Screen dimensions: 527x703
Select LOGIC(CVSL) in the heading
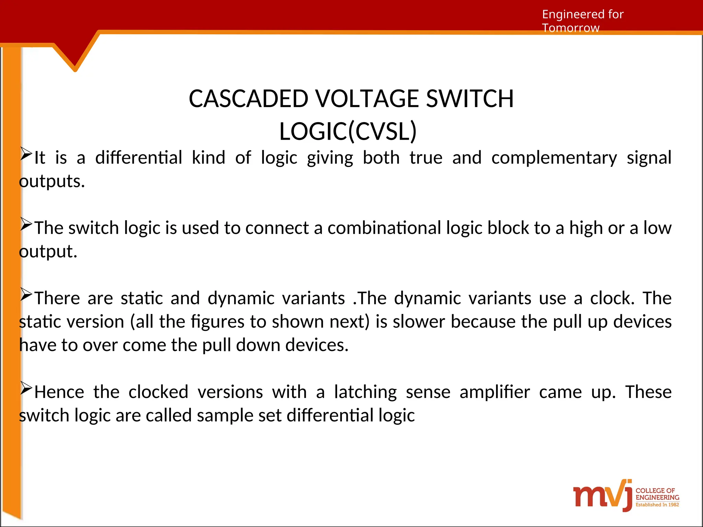(348, 131)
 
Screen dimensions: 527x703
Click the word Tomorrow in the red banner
(571, 28)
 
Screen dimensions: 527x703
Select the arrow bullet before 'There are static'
(26, 294)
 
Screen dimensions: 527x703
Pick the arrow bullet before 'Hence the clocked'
(26, 388)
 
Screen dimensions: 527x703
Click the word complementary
(554, 158)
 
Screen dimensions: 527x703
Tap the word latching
(366, 392)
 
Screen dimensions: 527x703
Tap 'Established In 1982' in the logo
(657, 505)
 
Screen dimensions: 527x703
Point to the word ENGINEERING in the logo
(657, 497)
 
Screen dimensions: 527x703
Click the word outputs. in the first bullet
(52, 181)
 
